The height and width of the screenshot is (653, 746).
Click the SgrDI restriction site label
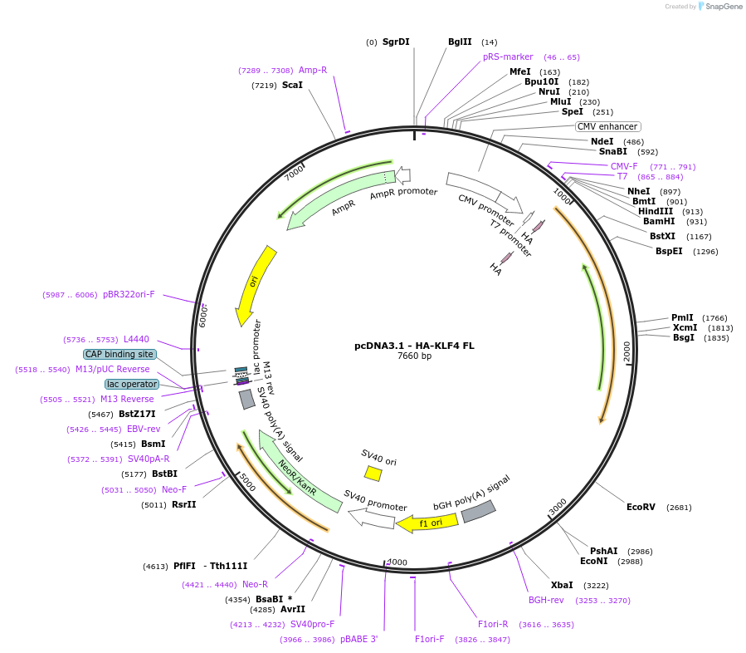[x=396, y=42]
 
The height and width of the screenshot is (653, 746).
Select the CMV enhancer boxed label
[x=608, y=126]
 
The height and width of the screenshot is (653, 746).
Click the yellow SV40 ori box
[x=373, y=473]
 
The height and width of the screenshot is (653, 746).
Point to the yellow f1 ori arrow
[x=427, y=523]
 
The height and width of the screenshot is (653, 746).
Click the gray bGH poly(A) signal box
[x=478, y=511]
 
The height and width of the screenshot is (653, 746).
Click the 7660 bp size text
[x=414, y=356]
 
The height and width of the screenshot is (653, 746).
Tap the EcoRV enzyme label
[x=641, y=507]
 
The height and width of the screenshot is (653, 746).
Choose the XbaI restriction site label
[x=562, y=585]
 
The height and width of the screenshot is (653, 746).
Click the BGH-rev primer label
[x=546, y=600]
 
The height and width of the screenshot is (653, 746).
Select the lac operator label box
[x=131, y=384]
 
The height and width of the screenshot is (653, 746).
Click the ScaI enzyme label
[x=292, y=85]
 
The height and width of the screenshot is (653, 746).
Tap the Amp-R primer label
[x=313, y=71]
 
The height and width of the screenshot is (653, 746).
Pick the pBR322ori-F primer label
[x=129, y=294]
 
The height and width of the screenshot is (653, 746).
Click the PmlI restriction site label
[x=682, y=317]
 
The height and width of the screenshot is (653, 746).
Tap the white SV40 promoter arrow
[x=371, y=518]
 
